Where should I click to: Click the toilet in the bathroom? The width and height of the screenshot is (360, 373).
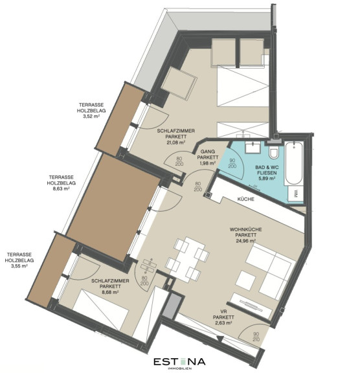274,152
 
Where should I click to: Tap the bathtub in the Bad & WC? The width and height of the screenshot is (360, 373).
294,163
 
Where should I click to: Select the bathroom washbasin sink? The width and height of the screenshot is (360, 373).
253,148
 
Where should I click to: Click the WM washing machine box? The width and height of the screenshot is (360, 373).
295,194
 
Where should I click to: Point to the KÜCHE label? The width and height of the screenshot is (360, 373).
245,199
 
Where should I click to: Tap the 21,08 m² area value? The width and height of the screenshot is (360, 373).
175,142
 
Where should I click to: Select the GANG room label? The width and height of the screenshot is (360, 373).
208,152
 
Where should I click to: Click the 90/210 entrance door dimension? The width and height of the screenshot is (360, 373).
256,337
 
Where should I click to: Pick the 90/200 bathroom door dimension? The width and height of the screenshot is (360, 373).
232,163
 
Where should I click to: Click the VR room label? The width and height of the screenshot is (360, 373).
223,311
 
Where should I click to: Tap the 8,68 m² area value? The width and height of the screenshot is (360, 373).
110,292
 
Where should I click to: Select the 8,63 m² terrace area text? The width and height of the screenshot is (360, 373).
61,188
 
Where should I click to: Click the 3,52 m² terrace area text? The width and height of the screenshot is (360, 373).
91,117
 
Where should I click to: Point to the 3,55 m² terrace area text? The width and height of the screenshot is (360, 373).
19,266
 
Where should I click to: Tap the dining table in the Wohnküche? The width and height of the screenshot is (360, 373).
187,259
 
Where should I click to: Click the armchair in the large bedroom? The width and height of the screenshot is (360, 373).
179,82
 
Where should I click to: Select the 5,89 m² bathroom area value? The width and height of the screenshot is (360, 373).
267,178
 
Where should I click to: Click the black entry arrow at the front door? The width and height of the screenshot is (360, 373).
220,339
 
